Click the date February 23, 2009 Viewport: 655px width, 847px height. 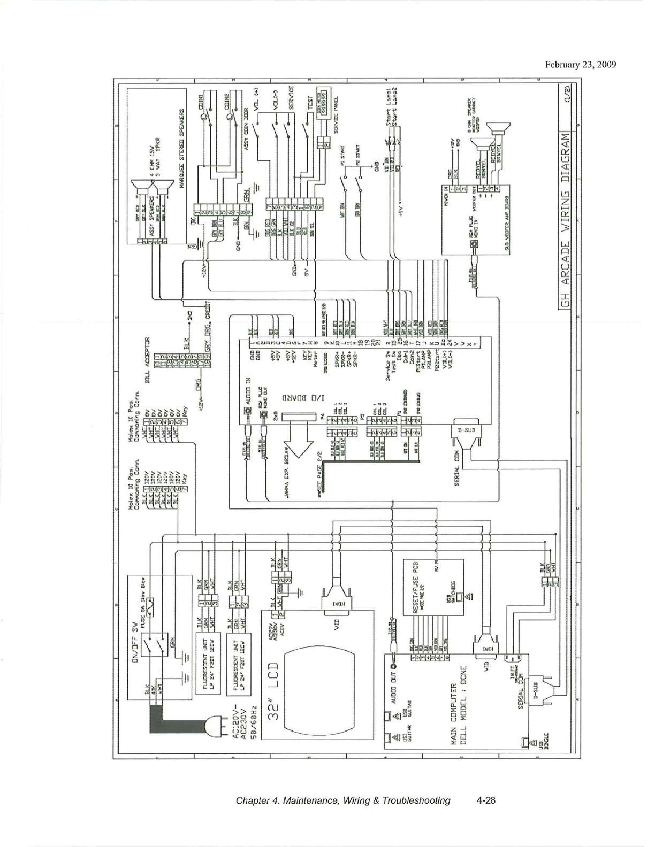point(581,65)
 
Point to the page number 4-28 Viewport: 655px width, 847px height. point(486,800)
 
